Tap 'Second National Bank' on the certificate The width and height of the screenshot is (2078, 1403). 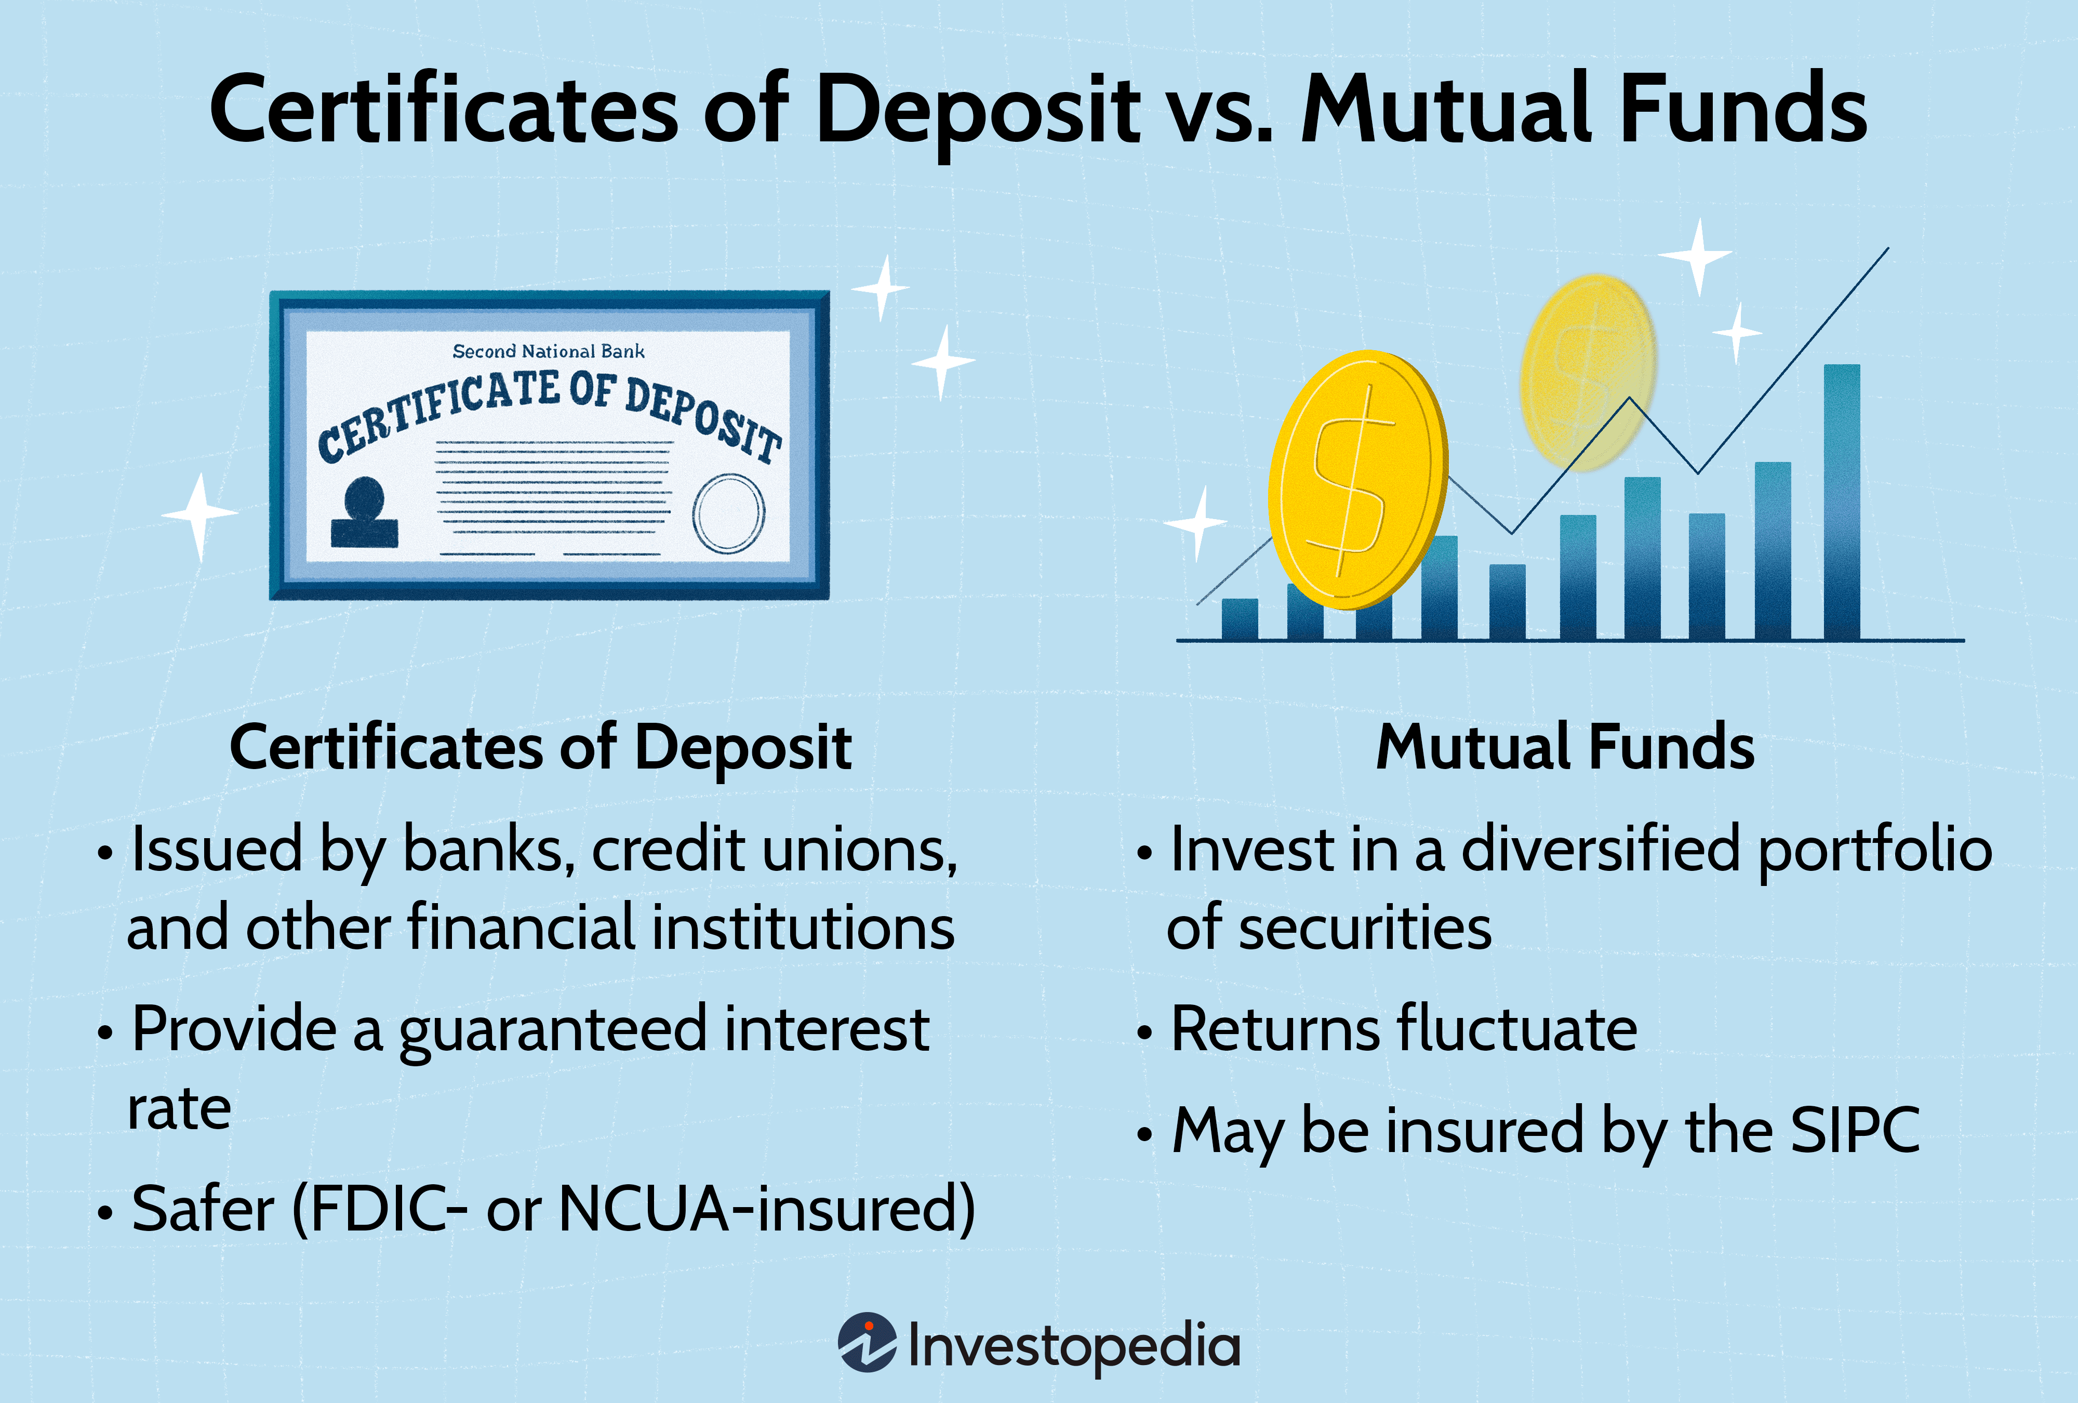[x=548, y=351]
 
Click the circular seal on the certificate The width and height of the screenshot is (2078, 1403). [x=729, y=513]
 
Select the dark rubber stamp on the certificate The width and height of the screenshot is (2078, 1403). [x=364, y=513]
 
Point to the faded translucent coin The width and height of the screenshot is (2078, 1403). [x=1587, y=371]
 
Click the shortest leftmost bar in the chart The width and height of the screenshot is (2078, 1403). [x=1240, y=619]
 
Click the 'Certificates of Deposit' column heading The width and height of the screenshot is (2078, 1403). [x=540, y=748]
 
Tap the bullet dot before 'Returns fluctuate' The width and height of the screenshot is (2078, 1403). [x=1143, y=1033]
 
